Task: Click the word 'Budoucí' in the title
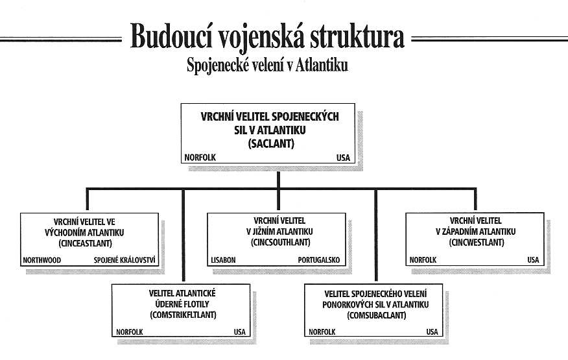coord(171,36)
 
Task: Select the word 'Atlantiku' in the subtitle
coord(322,66)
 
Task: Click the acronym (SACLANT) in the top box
coord(271,143)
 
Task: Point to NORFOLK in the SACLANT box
coord(200,158)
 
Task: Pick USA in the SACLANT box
coord(343,158)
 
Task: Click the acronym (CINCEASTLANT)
coord(85,243)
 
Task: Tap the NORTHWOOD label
coord(42,260)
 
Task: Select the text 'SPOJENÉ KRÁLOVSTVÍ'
coord(124,260)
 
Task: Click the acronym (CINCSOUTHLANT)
coord(280,242)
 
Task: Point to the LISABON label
coord(223,260)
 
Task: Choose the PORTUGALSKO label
coord(319,260)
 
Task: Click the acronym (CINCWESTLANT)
coord(477,242)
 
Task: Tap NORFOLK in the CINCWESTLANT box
coord(423,260)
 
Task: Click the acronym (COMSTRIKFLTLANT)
coord(183,315)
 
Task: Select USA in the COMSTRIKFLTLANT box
coord(239,331)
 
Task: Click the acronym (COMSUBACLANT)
coord(376,315)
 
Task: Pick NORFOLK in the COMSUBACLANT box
coord(322,331)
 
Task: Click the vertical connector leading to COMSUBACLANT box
coord(376,235)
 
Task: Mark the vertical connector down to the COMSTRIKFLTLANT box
coord(183,235)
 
